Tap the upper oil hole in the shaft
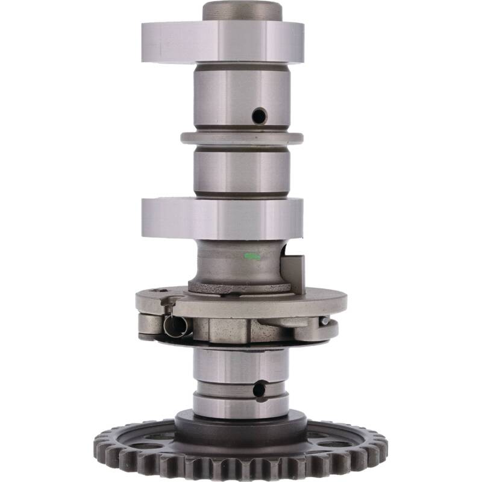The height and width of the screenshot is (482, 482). click(259, 115)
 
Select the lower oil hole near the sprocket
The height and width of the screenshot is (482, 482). click(259, 390)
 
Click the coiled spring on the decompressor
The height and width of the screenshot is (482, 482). click(176, 325)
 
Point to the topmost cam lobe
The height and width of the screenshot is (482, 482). click(223, 42)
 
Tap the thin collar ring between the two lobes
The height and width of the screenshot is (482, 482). click(241, 137)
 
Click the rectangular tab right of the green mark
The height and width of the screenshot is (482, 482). click(295, 271)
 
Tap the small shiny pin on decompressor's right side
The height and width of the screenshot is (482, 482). click(325, 321)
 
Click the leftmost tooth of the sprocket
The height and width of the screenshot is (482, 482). click(99, 446)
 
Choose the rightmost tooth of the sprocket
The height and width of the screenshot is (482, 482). click(383, 446)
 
